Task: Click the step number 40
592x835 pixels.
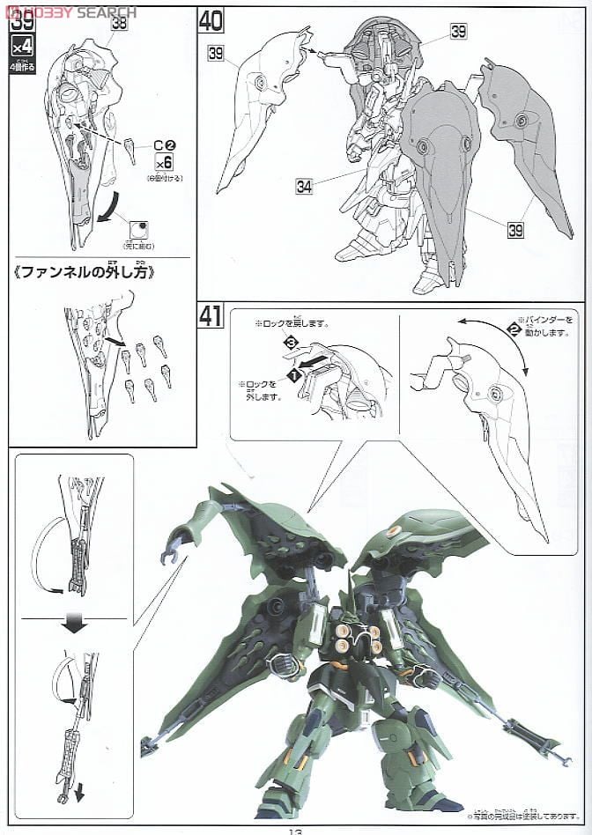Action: (x=211, y=19)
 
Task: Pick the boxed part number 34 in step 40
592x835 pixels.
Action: (x=305, y=186)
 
